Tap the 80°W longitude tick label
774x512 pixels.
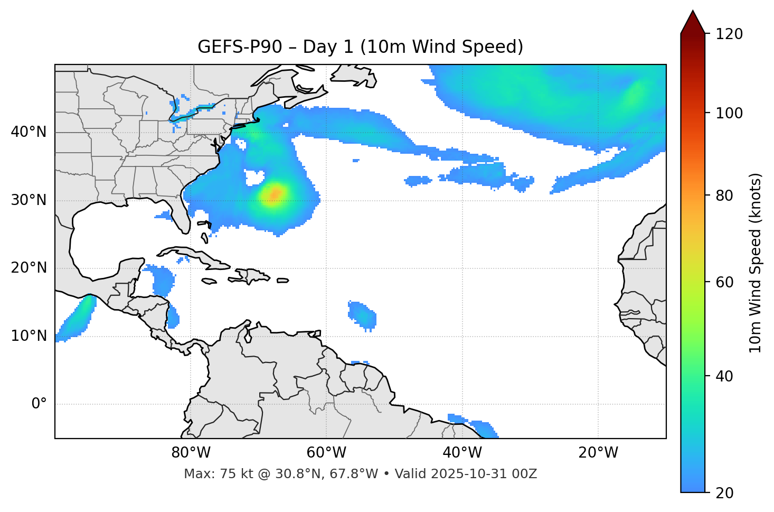pyautogui.click(x=191, y=453)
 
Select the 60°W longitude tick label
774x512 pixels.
pyautogui.click(x=326, y=453)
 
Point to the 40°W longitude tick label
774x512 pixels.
pyautogui.click(x=461, y=453)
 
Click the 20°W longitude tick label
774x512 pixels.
pyautogui.click(x=598, y=453)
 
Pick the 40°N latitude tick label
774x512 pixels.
pyautogui.click(x=29, y=132)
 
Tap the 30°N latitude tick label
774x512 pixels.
pyautogui.click(x=29, y=200)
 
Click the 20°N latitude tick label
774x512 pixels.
pyautogui.click(x=29, y=268)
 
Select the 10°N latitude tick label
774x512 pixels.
pyautogui.click(x=29, y=336)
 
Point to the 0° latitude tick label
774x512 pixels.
pyautogui.click(x=39, y=404)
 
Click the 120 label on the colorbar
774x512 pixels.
pyautogui.click(x=729, y=34)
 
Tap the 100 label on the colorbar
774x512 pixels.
pyautogui.click(x=729, y=113)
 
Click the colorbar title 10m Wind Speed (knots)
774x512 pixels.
pyautogui.click(x=756, y=263)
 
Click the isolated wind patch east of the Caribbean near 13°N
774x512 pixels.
pyautogui.click(x=363, y=315)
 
